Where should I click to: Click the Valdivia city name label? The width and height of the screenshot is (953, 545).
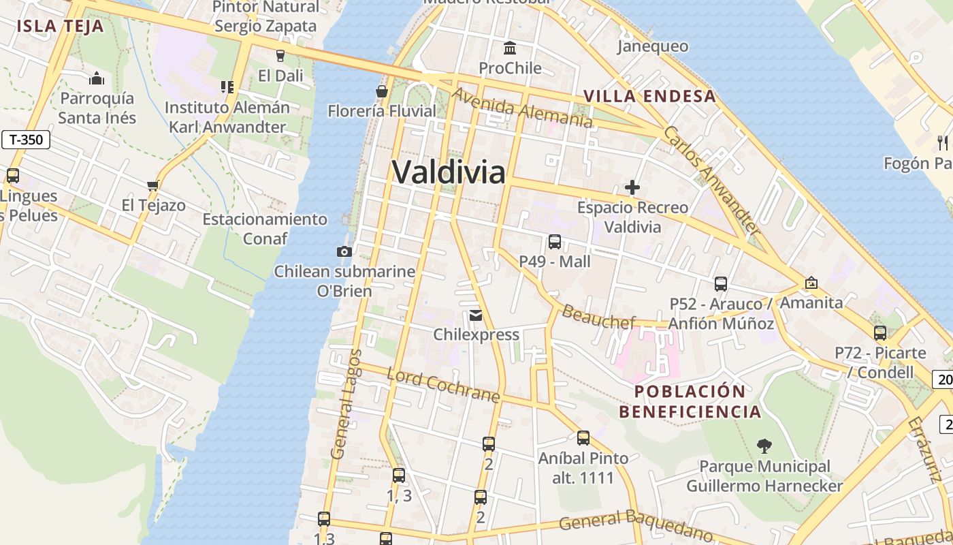pyautogui.click(x=449, y=172)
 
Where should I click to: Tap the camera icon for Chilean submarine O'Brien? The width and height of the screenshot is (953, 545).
pyautogui.click(x=344, y=251)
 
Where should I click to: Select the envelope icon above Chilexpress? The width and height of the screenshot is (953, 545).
pyautogui.click(x=475, y=315)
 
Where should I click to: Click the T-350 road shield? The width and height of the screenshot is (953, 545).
pyautogui.click(x=26, y=140)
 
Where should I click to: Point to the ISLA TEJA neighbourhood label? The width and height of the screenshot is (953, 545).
pyautogui.click(x=60, y=27)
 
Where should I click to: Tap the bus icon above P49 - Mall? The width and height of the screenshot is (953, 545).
pyautogui.click(x=555, y=241)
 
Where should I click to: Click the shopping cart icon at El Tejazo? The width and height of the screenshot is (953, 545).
pyautogui.click(x=153, y=185)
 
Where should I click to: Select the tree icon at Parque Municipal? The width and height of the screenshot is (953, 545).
pyautogui.click(x=764, y=446)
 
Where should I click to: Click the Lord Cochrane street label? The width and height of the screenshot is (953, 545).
pyautogui.click(x=443, y=385)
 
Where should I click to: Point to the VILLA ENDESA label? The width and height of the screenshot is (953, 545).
pyautogui.click(x=650, y=96)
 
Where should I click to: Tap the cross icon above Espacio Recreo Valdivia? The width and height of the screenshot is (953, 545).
pyautogui.click(x=632, y=187)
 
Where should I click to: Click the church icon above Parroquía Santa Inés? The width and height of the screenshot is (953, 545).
pyautogui.click(x=97, y=78)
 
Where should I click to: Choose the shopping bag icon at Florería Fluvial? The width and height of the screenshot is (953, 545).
pyautogui.click(x=382, y=91)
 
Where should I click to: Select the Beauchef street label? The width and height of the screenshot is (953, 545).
pyautogui.click(x=598, y=317)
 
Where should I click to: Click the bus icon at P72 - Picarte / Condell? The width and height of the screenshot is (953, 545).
pyautogui.click(x=880, y=333)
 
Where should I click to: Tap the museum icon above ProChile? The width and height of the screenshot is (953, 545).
pyautogui.click(x=510, y=48)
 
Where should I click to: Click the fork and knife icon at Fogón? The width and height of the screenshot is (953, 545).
pyautogui.click(x=943, y=142)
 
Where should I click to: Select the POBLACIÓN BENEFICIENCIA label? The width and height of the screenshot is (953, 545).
pyautogui.click(x=690, y=401)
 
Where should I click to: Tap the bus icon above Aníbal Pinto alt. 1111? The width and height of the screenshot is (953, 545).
pyautogui.click(x=583, y=438)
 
